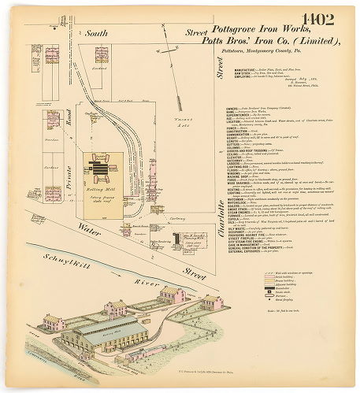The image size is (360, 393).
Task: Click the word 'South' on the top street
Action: tap(97, 34)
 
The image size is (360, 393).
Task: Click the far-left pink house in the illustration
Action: tap(54, 321)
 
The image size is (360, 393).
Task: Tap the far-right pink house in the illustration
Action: tap(211, 302)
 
